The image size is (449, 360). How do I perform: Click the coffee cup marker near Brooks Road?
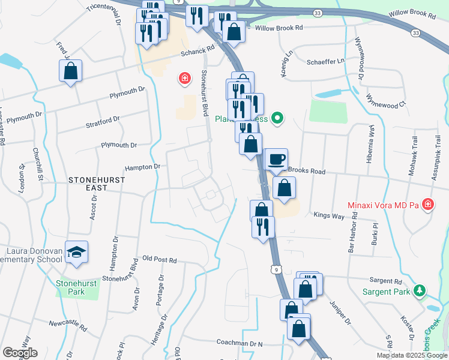point(276,160)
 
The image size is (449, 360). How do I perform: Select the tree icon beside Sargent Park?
point(420,292)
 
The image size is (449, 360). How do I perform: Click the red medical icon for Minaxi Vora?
point(427,205)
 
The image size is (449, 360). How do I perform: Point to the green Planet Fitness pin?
point(277,118)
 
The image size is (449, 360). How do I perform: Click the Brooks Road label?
point(307,171)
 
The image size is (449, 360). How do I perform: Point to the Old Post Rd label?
point(160,260)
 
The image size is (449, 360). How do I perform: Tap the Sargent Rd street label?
point(385,280)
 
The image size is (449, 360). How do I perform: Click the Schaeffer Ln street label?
point(325,61)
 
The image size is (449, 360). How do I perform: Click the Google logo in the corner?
point(20,353)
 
